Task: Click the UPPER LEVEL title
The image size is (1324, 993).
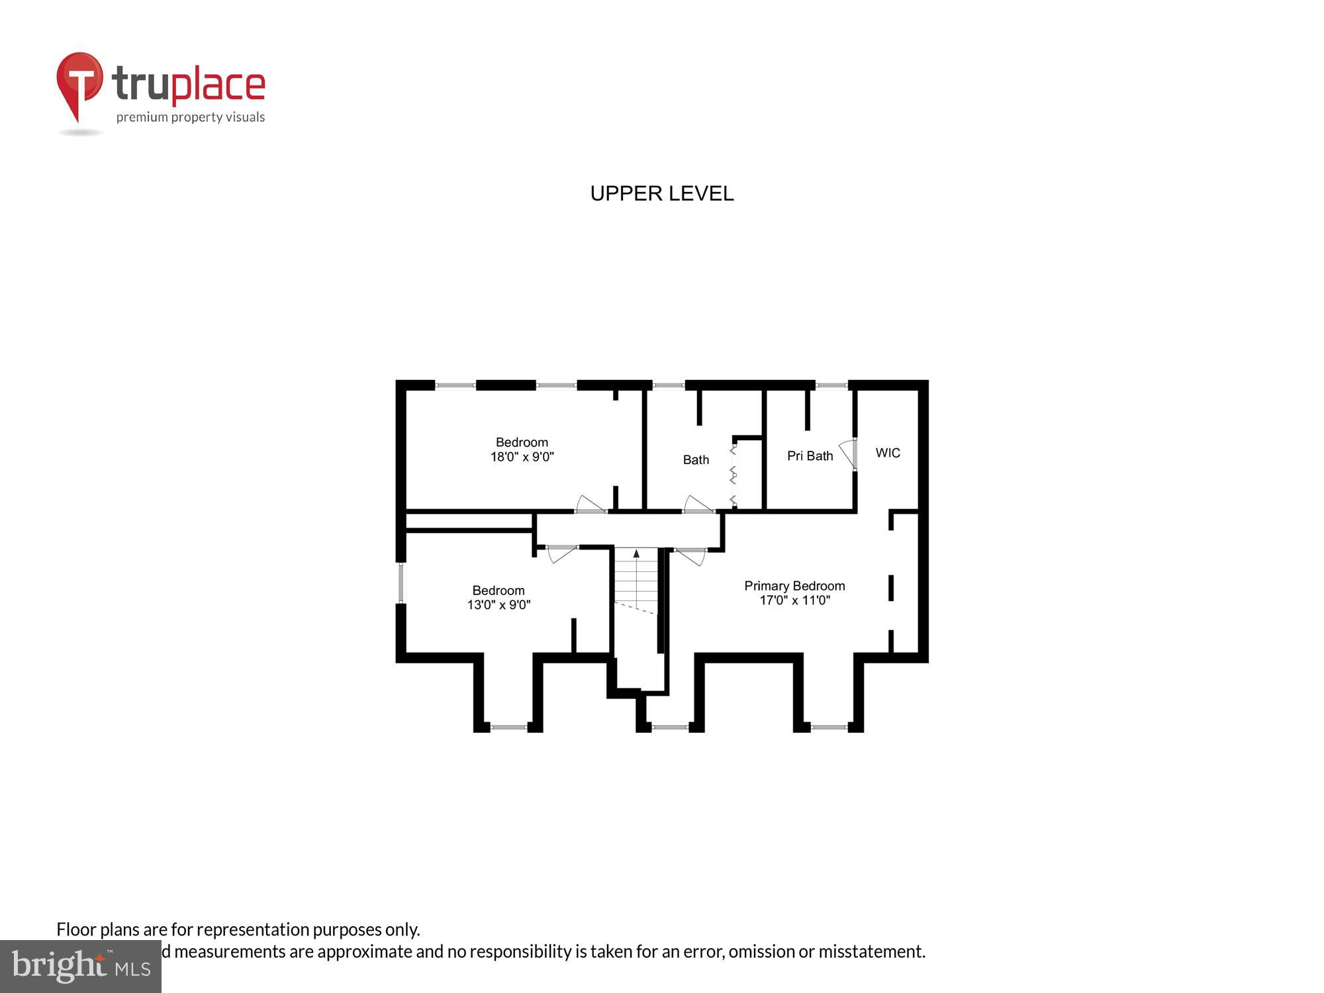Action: [x=661, y=193]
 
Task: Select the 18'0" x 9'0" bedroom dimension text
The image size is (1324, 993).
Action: [x=522, y=457]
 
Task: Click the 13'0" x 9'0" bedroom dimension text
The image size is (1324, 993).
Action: [x=498, y=604]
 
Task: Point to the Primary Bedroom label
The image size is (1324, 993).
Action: [x=794, y=586]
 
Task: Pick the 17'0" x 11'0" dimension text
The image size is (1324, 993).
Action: [x=794, y=600]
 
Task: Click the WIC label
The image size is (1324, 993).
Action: [x=888, y=453]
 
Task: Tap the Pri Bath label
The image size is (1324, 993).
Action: [x=810, y=455]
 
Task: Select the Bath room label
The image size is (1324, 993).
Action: [x=696, y=459]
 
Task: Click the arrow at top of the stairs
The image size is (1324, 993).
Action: [x=636, y=553]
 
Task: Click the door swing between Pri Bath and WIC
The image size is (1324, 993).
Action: [x=847, y=454]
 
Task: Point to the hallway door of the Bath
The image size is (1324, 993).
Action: [x=698, y=505]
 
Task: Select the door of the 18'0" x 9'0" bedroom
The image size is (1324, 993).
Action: [x=591, y=505]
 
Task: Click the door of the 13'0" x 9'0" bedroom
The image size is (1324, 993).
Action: [x=561, y=553]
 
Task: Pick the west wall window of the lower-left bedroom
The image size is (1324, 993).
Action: [x=401, y=583]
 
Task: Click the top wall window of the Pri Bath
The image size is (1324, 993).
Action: [x=831, y=385]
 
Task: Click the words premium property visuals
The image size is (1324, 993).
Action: [x=191, y=117]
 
